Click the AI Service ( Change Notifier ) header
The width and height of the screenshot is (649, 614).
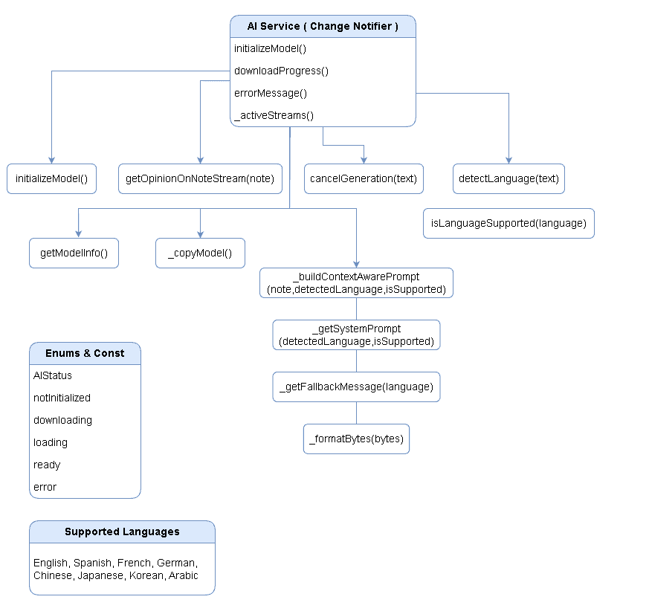click(x=323, y=26)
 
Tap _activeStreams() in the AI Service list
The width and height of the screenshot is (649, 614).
click(x=274, y=115)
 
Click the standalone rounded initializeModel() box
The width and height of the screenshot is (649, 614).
click(x=51, y=178)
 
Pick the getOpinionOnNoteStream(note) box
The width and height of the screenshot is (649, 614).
click(x=200, y=178)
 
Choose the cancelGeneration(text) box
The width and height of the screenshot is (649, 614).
click(x=364, y=178)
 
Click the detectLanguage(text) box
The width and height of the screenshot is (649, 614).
click(x=508, y=178)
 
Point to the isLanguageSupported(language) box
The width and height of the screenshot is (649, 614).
click(x=508, y=223)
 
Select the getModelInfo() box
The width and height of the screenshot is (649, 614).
click(x=74, y=253)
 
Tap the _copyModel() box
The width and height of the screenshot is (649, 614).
click(x=200, y=253)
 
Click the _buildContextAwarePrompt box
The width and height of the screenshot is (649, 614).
click(x=356, y=282)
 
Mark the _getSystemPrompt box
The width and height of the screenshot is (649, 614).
click(x=356, y=335)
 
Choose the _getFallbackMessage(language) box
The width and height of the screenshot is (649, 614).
click(x=356, y=387)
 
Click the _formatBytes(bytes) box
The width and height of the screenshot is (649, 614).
click(x=356, y=439)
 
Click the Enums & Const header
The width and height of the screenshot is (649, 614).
click(x=85, y=353)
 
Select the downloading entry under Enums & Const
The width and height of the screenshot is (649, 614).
click(x=62, y=420)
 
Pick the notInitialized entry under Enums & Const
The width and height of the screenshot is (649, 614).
click(x=62, y=398)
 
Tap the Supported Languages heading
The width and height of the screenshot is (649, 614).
click(x=122, y=531)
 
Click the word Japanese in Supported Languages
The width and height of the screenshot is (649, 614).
click(x=100, y=575)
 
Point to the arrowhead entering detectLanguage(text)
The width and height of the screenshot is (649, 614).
click(x=508, y=159)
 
